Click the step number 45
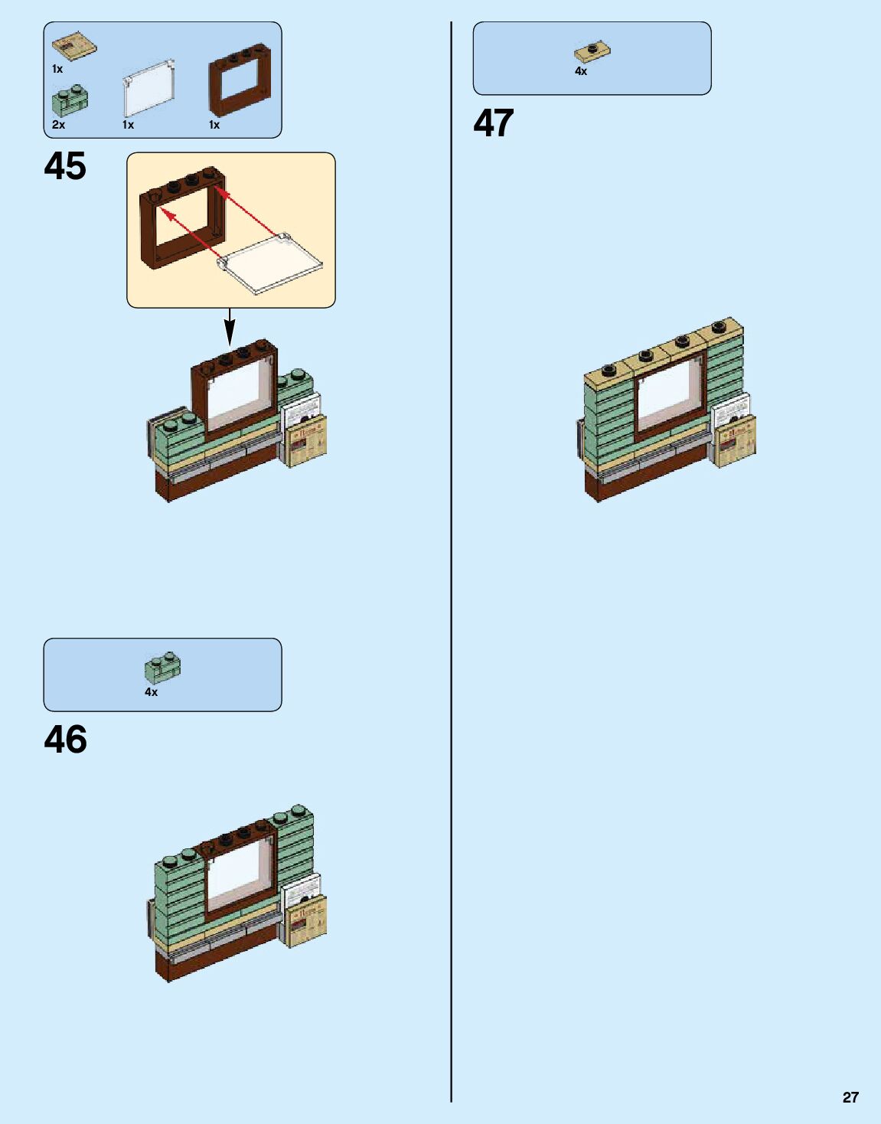tap(65, 166)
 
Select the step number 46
tap(65, 740)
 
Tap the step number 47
tap(494, 123)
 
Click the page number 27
tap(850, 1097)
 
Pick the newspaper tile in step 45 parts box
tap(74, 46)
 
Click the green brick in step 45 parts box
tap(70, 101)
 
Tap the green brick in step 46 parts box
tap(162, 667)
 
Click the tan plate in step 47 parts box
tap(592, 52)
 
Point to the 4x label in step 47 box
tap(581, 71)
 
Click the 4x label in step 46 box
tap(152, 692)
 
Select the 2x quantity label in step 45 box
tap(59, 125)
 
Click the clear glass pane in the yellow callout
tap(272, 262)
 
